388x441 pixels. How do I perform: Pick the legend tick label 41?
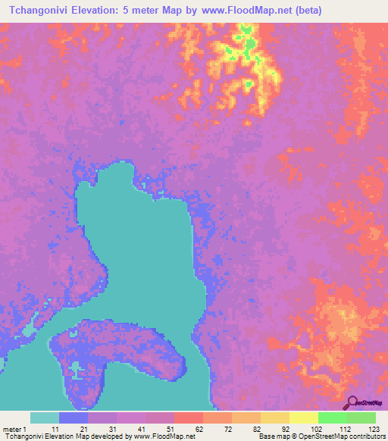(x=142, y=428)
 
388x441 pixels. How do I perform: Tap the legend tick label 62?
(x=199, y=428)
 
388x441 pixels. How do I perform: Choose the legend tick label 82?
(x=256, y=428)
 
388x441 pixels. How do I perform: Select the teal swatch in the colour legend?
(x=45, y=418)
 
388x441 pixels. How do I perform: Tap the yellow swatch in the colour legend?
(x=303, y=418)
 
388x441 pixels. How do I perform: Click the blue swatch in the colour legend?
(x=74, y=418)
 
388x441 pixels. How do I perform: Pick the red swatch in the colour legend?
(x=188, y=418)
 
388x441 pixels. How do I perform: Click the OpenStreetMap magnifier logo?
(x=353, y=402)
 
